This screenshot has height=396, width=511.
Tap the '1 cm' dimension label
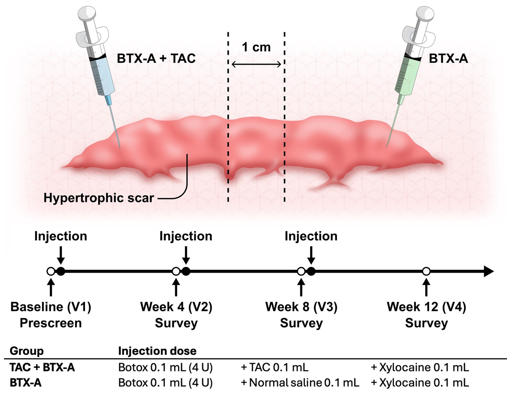tap(256, 47)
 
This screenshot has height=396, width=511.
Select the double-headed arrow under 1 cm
tap(256, 64)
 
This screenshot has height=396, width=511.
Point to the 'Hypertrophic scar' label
tap(99, 198)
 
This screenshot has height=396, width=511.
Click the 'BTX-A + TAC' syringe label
tap(156, 58)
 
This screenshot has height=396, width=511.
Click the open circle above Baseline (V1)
tap(51, 271)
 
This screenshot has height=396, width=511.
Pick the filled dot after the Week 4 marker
tap(186, 271)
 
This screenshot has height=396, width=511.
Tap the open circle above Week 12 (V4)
tap(426, 271)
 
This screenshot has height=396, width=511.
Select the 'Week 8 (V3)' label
tap(301, 307)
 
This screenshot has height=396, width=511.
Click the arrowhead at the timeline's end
tap(488, 271)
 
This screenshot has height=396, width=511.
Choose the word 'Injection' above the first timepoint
tap(61, 236)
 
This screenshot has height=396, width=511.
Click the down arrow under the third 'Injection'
tap(311, 255)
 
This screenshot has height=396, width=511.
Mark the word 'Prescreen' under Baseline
tap(51, 323)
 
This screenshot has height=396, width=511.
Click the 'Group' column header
tap(27, 351)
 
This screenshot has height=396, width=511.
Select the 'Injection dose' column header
tap(157, 351)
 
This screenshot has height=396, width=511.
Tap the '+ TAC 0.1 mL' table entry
tap(275, 368)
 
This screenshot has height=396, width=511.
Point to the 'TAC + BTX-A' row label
tap(42, 368)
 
